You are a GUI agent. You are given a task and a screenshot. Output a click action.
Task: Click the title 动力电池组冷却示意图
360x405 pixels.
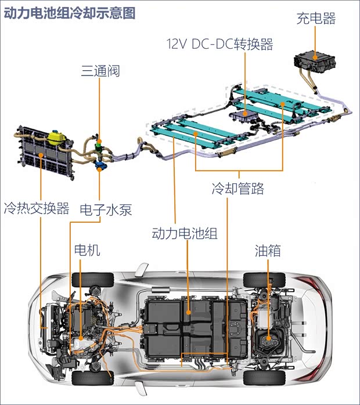click(70, 13)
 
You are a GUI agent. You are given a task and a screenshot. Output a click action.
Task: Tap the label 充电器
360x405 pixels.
click(316, 19)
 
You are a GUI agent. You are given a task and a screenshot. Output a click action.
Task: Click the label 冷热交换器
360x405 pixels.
click(36, 208)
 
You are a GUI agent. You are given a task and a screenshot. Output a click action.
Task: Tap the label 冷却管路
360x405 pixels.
click(238, 189)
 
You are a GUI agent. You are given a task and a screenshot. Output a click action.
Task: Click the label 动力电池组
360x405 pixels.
click(184, 234)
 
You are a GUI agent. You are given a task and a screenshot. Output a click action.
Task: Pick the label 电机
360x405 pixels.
click(87, 251)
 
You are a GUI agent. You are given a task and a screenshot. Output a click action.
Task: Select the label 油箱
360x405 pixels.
click(268, 251)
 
